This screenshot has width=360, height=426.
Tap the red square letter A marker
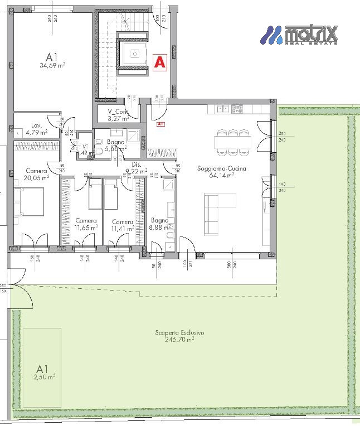[x=160, y=62]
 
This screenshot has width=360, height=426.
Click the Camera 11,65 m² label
[x=86, y=224]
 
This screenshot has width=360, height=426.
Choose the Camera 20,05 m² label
[x=37, y=174]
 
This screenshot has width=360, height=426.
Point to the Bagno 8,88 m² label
[x=159, y=223]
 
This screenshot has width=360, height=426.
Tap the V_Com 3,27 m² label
[x=118, y=114]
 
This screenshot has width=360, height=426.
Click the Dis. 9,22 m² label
[x=135, y=168]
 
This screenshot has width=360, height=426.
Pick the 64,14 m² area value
[x=221, y=175]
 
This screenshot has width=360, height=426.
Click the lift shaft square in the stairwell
[x=134, y=54]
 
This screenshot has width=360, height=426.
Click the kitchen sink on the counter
[x=222, y=109]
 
